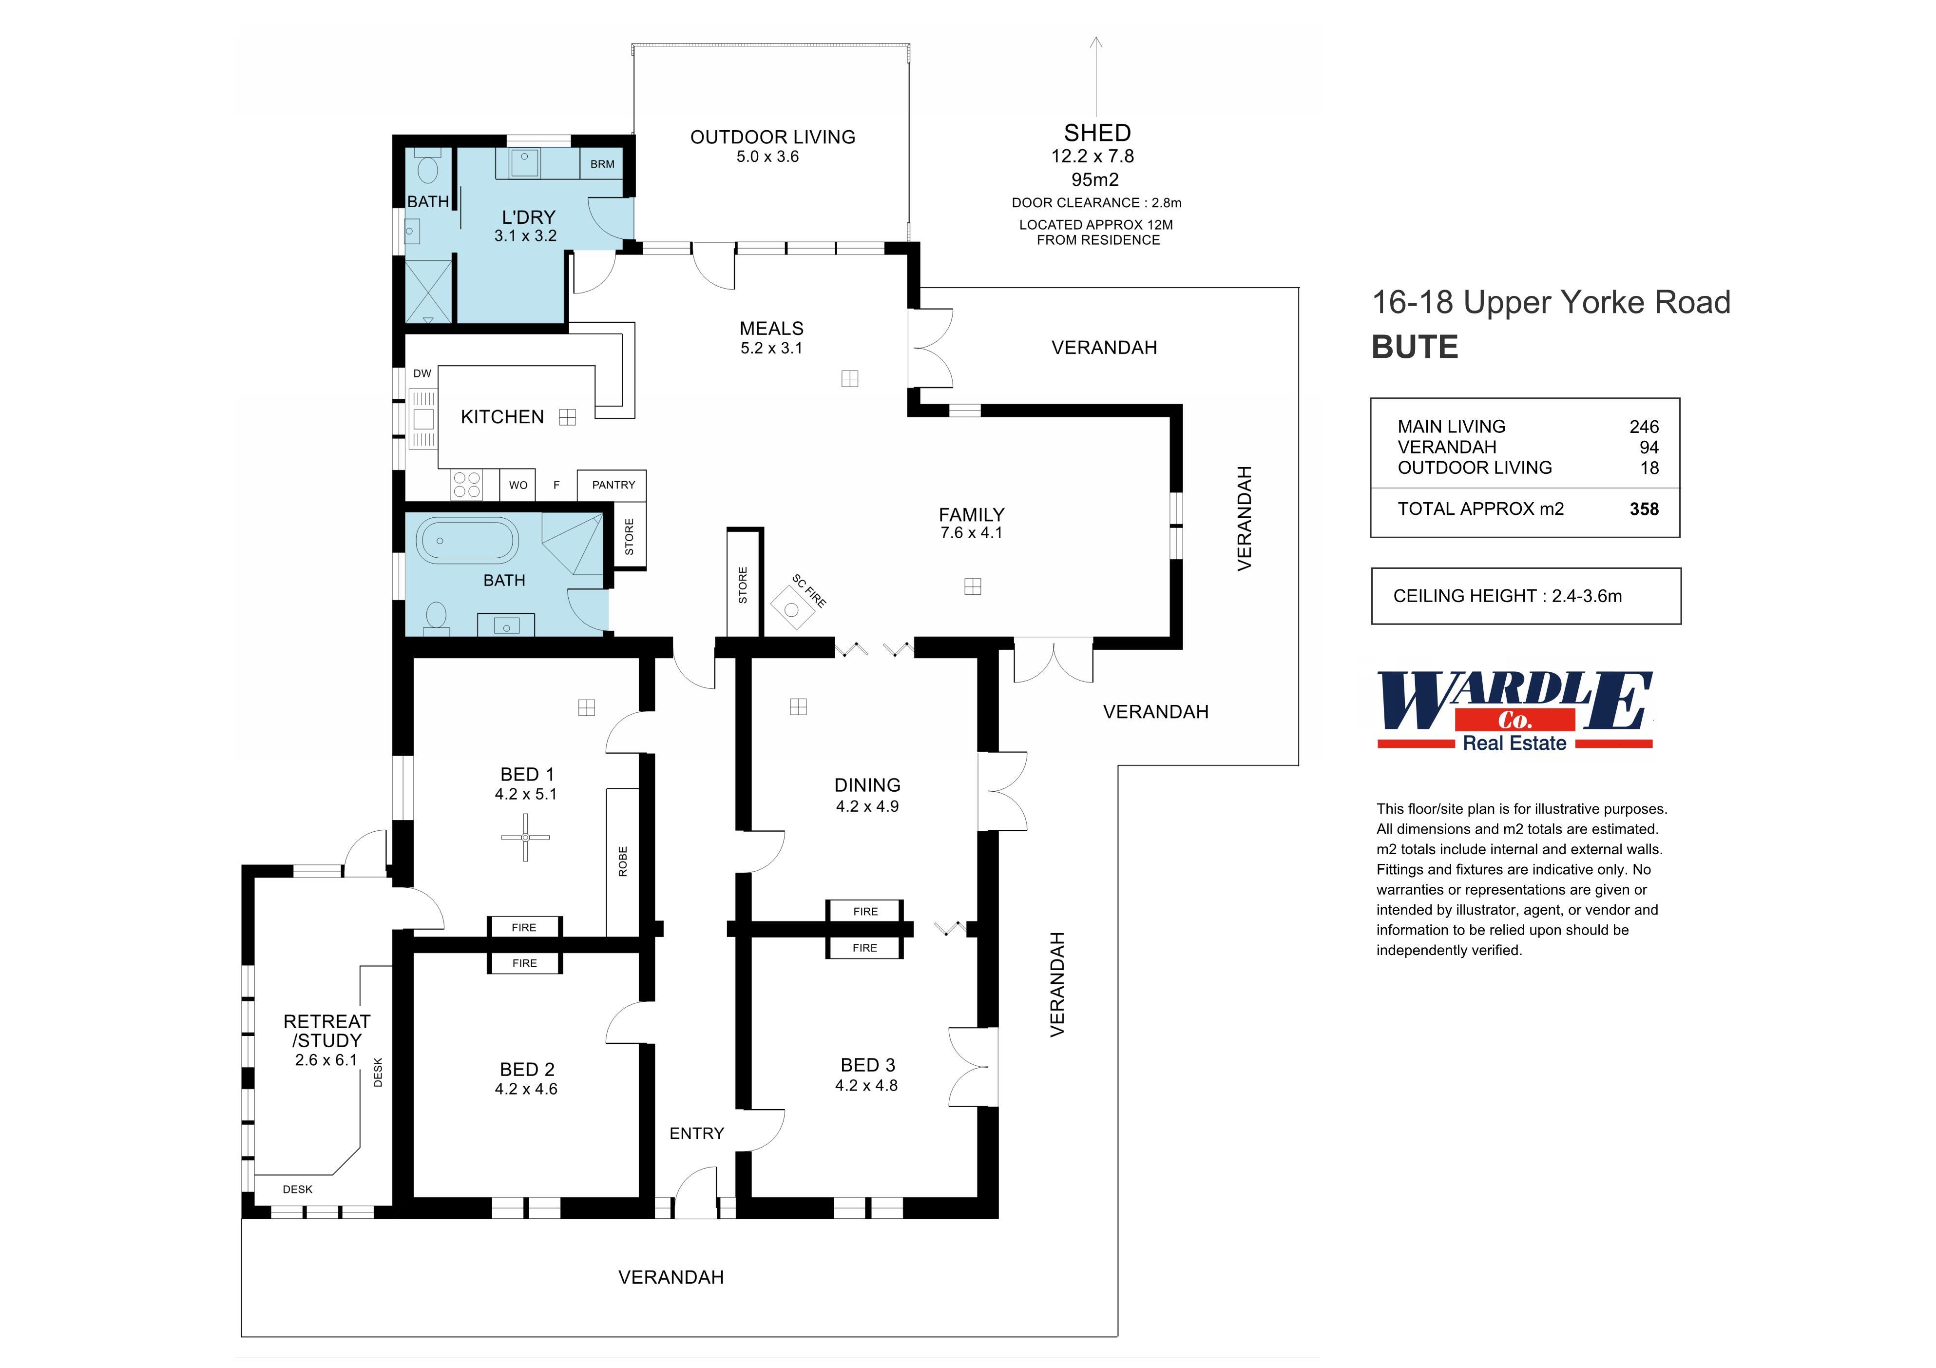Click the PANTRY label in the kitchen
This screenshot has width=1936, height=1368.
pyautogui.click(x=613, y=485)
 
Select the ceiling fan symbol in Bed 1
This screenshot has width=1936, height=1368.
pyautogui.click(x=525, y=838)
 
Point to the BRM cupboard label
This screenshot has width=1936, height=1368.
pyautogui.click(x=602, y=164)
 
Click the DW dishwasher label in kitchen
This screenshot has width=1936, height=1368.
pyautogui.click(x=422, y=373)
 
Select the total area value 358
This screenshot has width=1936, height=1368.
pyautogui.click(x=1644, y=509)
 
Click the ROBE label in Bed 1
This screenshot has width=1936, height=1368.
pyautogui.click(x=623, y=861)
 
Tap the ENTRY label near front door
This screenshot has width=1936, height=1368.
pyautogui.click(x=696, y=1133)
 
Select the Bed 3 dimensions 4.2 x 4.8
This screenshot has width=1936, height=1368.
pyautogui.click(x=866, y=1086)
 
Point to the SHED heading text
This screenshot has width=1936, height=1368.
pyautogui.click(x=1097, y=133)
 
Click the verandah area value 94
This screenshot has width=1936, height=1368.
pyautogui.click(x=1648, y=448)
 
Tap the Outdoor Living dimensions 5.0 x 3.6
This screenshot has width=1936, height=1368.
pyautogui.click(x=767, y=157)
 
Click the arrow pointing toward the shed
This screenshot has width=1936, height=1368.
pyautogui.click(x=1096, y=76)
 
